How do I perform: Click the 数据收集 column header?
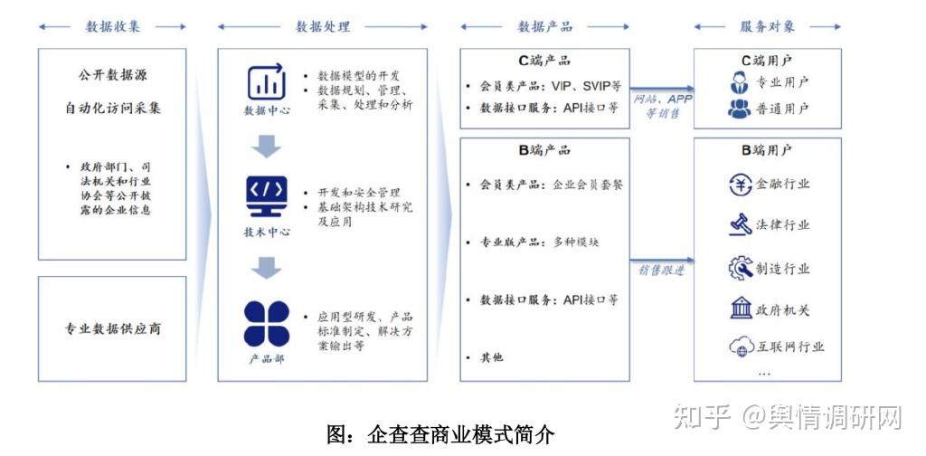click(x=113, y=26)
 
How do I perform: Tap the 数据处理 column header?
click(x=323, y=26)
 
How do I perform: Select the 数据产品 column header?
click(x=544, y=26)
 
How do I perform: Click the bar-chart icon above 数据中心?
click(x=267, y=82)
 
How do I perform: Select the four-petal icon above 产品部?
click(x=267, y=323)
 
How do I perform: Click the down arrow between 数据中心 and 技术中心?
click(x=267, y=145)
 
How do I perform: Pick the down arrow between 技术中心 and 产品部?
click(x=267, y=267)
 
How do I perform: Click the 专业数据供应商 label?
click(x=113, y=328)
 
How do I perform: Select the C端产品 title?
click(x=544, y=62)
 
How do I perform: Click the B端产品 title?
click(x=544, y=150)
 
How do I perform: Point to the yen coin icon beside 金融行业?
click(x=741, y=185)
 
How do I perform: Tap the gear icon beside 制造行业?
click(x=741, y=269)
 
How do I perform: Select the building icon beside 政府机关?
click(x=741, y=309)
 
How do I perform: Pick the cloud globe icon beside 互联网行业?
click(x=741, y=347)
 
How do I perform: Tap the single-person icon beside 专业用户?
click(x=740, y=82)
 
